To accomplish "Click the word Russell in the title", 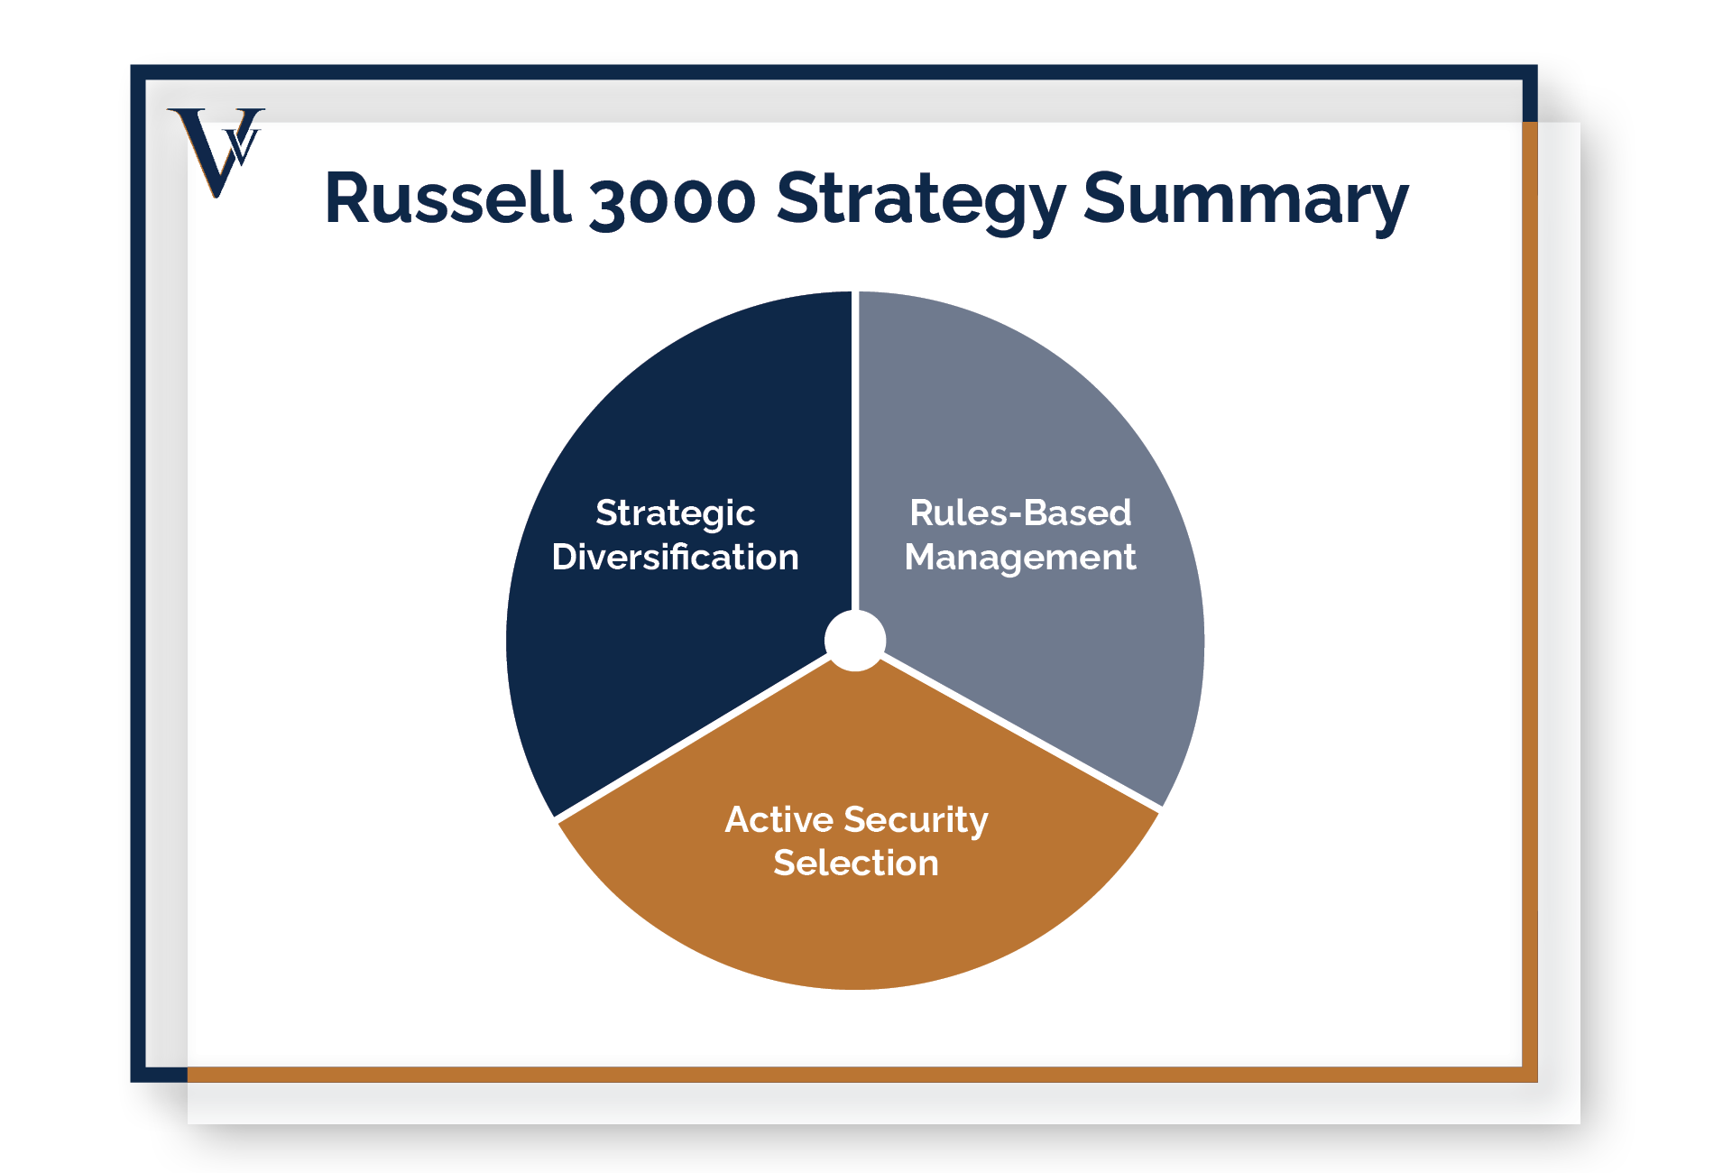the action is [x=447, y=198].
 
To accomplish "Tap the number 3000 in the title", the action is [x=672, y=201].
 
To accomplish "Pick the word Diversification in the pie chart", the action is [x=675, y=557].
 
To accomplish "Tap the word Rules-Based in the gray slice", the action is [x=1020, y=513].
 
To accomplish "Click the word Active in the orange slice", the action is [x=778, y=819].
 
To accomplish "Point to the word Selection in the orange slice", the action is [x=856, y=863].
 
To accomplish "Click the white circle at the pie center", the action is [x=855, y=641].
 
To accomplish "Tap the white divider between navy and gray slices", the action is [x=855, y=451].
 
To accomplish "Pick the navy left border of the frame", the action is [x=138, y=573].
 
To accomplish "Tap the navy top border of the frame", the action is [x=834, y=72].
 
